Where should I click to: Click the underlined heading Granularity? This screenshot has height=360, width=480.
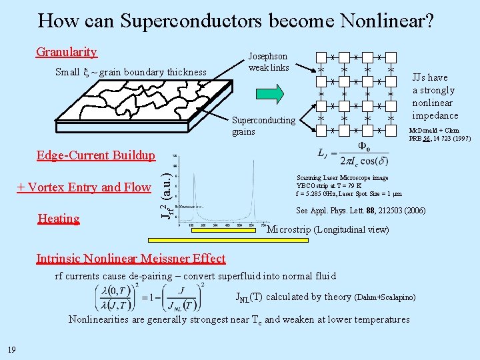click(67, 52)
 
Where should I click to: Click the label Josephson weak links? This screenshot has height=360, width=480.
click(268, 62)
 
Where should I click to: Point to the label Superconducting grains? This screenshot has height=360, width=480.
click(263, 125)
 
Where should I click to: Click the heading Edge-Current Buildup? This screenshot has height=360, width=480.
click(96, 155)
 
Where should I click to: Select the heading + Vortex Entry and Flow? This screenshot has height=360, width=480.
click(84, 187)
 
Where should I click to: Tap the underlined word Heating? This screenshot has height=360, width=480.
click(59, 219)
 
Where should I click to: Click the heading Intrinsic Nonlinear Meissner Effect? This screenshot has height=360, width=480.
click(131, 259)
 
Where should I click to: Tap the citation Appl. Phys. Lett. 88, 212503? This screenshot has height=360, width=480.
click(360, 211)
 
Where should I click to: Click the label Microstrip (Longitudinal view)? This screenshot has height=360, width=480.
click(328, 230)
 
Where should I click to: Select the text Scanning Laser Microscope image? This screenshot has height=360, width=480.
click(342, 178)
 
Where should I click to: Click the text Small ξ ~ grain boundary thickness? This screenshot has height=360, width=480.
click(131, 72)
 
